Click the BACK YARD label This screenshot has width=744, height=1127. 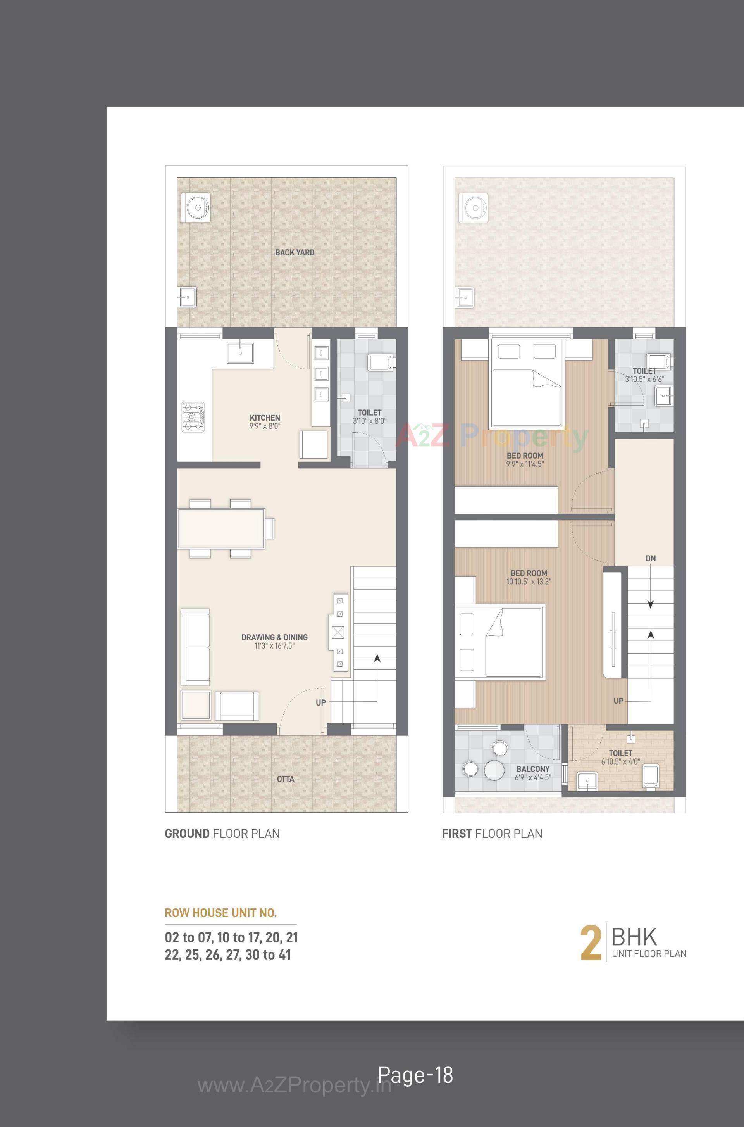[x=294, y=252]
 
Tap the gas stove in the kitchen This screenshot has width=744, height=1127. [x=193, y=417]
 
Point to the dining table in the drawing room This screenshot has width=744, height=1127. [x=222, y=528]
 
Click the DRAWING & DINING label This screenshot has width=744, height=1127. [x=274, y=637]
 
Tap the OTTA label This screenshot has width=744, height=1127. [x=286, y=779]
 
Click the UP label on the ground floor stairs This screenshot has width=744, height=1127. [x=321, y=702]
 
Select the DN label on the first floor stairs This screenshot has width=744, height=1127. [x=651, y=558]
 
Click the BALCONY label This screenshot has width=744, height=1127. [x=533, y=768]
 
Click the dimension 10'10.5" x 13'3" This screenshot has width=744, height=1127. [x=529, y=582]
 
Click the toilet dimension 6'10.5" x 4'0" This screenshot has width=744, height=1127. [x=621, y=761]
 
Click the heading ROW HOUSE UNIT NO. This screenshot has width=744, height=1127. [x=220, y=913]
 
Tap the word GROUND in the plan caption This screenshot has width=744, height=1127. [x=186, y=834]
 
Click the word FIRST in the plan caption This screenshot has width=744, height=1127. [x=456, y=834]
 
